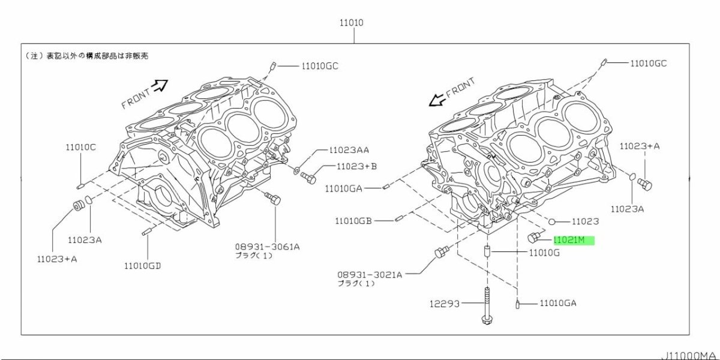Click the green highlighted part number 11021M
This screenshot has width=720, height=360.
(573, 240)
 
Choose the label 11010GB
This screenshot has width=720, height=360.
(354, 221)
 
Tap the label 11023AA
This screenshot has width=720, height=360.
(349, 151)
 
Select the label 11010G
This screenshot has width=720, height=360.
(544, 253)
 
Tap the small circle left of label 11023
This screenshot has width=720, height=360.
(553, 221)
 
